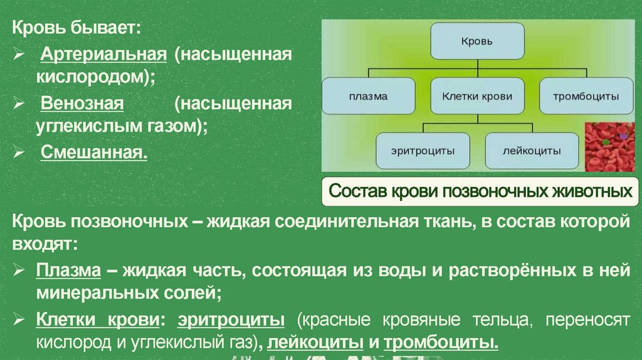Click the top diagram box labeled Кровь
(477, 41)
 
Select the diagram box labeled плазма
(368, 96)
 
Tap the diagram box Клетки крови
(477, 96)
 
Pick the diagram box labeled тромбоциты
(586, 96)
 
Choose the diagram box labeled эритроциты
(423, 151)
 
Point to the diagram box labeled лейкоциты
(532, 151)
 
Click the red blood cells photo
(609, 146)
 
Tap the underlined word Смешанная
(94, 151)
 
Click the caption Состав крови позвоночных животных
(480, 191)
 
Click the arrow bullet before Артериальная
(22, 55)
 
